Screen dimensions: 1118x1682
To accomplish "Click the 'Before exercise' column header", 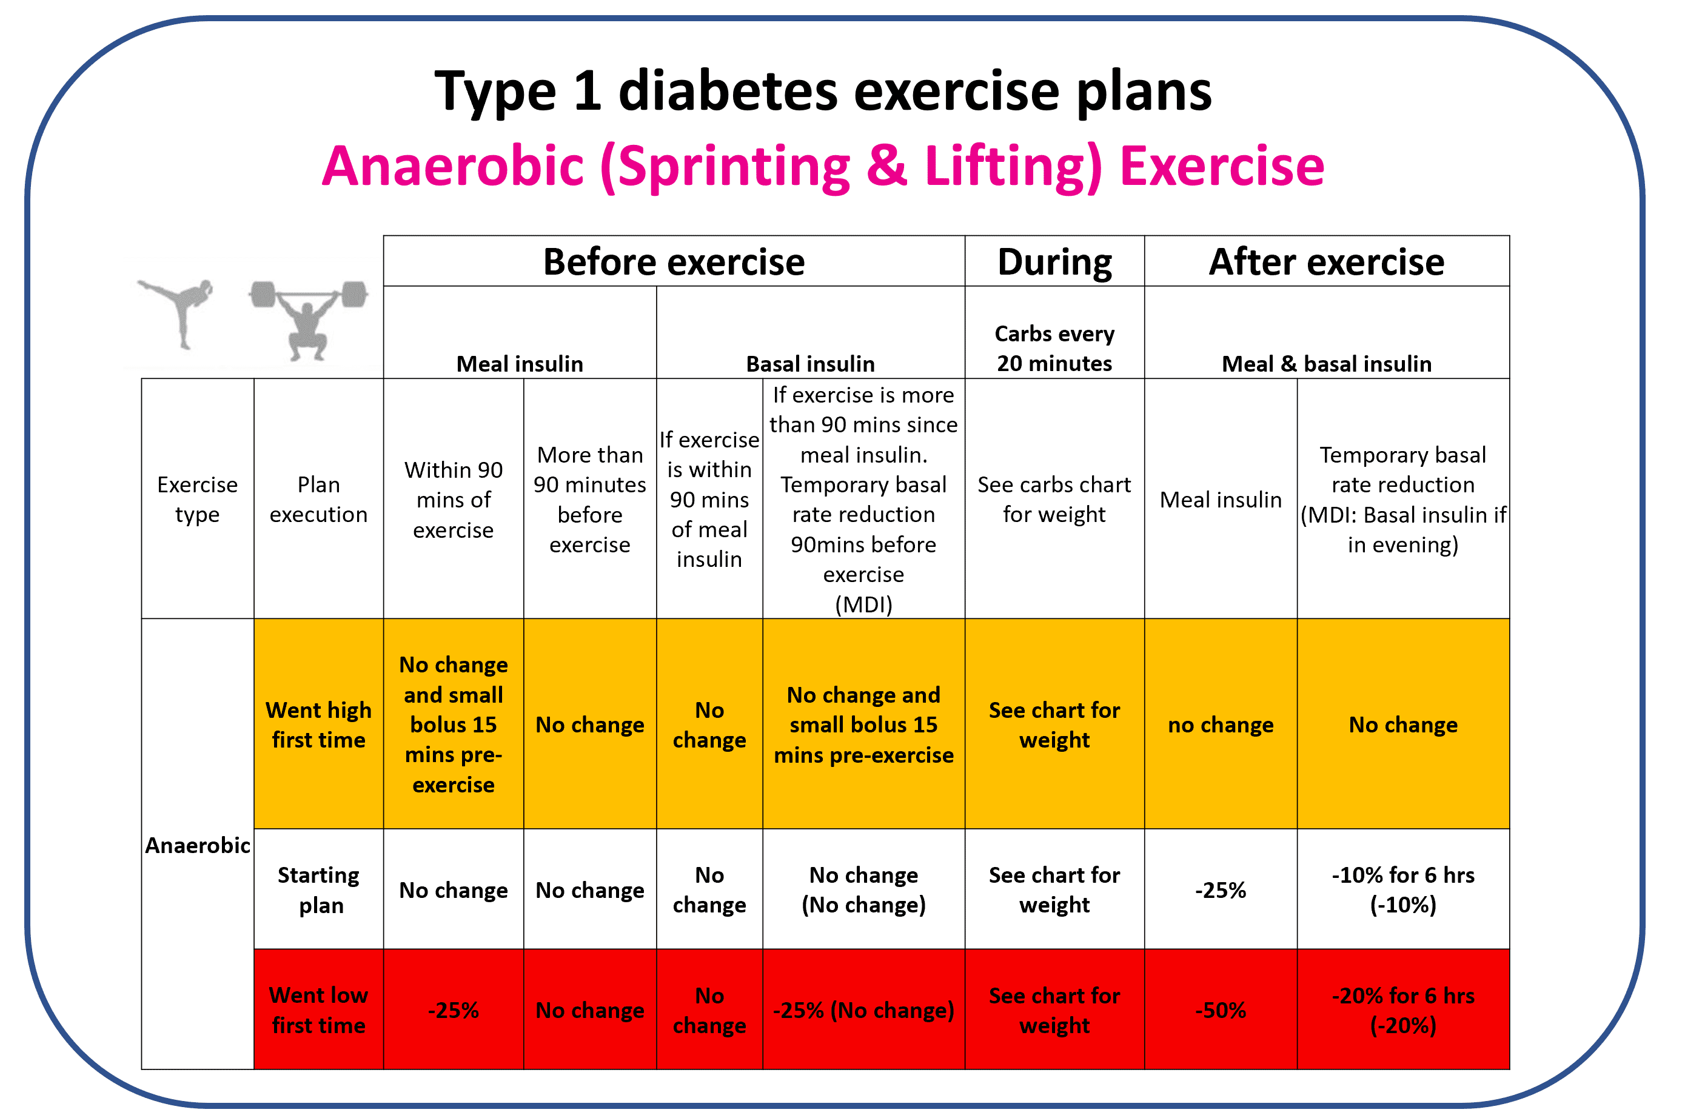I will click(673, 262).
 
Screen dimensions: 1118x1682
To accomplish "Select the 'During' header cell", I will click(1054, 262).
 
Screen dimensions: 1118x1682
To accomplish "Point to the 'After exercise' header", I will click(1325, 262).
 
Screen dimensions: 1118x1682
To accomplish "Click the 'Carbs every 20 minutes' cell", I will click(1054, 348).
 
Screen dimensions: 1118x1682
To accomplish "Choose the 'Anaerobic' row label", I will click(198, 845).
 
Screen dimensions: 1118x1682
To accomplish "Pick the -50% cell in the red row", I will click(1220, 1009).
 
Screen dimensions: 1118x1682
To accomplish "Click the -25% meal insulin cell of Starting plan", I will click(1220, 890).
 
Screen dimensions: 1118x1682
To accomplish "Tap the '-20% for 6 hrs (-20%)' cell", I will click(1402, 1009).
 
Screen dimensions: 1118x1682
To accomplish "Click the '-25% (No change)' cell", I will click(863, 1009).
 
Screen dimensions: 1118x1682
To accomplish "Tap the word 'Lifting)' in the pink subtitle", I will click(1013, 166).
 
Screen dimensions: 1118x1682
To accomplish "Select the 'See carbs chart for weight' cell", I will click(1054, 499).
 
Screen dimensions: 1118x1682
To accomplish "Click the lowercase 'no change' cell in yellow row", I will click(1220, 725).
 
